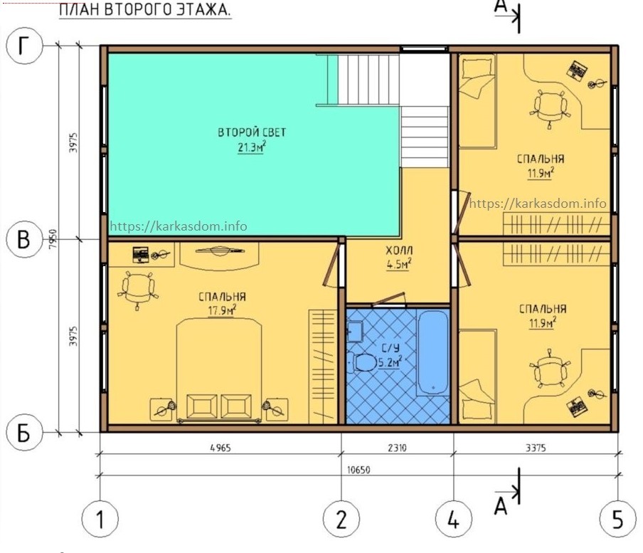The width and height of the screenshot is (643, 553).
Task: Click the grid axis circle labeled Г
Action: coord(24,46)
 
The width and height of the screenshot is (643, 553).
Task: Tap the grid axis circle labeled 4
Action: coord(453,519)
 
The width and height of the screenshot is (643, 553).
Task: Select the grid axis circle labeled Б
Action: coord(24,433)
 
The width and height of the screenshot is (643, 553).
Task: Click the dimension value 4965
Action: coord(220,448)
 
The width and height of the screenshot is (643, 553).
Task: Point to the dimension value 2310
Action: coord(397,448)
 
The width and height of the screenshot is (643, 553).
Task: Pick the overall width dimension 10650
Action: coord(358,470)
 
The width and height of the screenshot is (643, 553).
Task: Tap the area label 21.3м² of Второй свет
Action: coord(252,147)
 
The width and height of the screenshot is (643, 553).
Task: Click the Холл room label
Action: coord(399,251)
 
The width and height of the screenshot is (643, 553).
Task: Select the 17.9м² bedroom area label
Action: coord(222,310)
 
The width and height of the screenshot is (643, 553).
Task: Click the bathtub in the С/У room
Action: coord(433,353)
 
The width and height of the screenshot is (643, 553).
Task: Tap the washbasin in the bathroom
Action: coord(355,331)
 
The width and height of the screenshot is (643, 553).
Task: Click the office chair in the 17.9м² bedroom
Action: coord(138,289)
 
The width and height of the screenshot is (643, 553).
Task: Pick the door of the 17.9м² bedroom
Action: coord(332,265)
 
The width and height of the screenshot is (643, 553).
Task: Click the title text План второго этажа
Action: coord(145,9)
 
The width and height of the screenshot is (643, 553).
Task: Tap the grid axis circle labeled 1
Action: coord(100,519)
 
